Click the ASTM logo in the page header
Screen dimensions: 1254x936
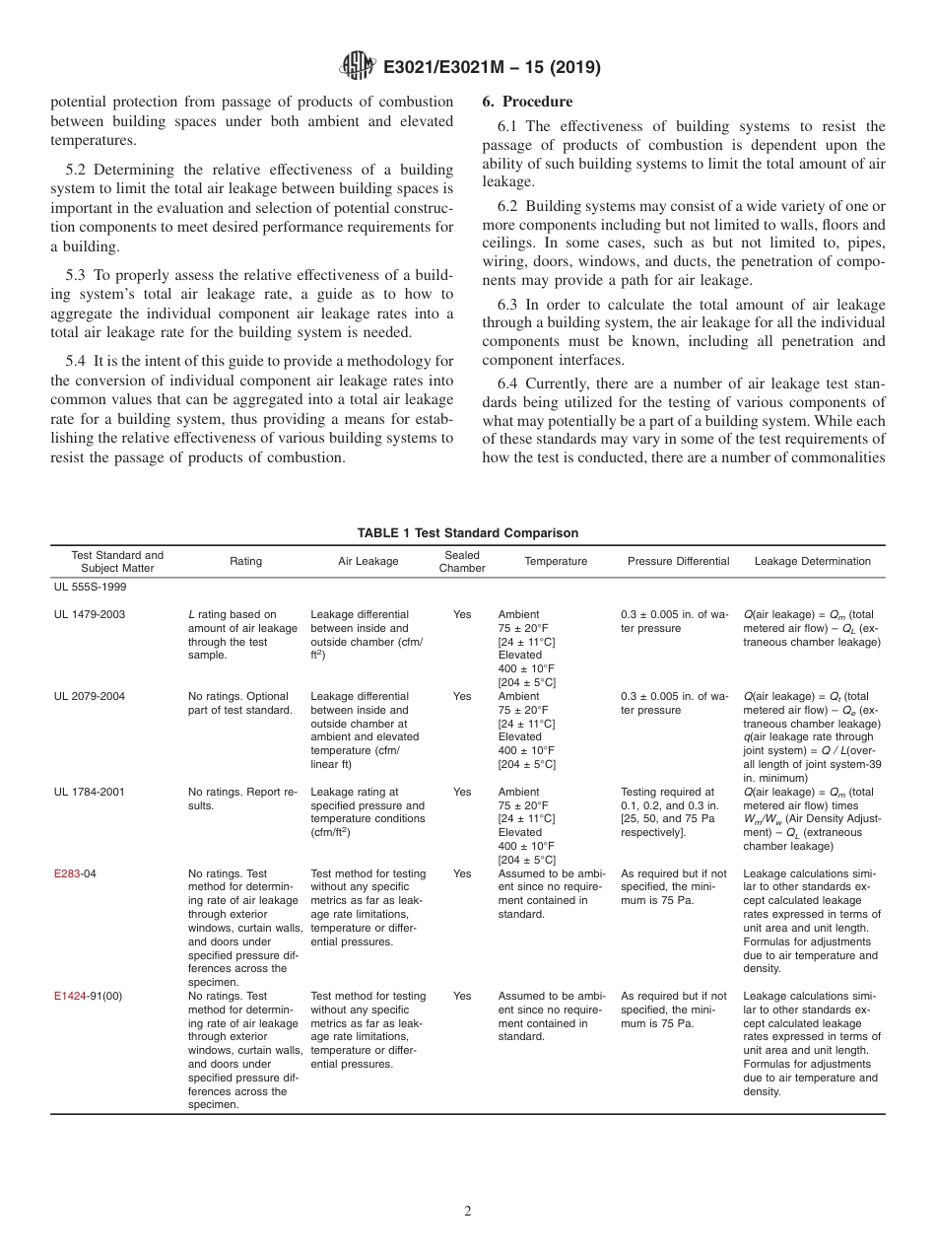pyautogui.click(x=357, y=67)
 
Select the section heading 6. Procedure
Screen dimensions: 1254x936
pyautogui.click(x=527, y=102)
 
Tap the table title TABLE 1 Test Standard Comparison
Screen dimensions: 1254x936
pyautogui.click(x=467, y=533)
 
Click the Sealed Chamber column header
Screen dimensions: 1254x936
pyautogui.click(x=462, y=562)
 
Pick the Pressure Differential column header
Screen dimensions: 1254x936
pyautogui.click(x=678, y=562)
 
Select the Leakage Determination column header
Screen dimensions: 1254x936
pyautogui.click(x=812, y=562)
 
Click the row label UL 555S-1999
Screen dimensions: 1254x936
pyautogui.click(x=90, y=587)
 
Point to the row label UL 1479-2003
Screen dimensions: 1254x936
pyautogui.click(x=90, y=615)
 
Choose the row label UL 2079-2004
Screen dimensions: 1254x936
pyautogui.click(x=90, y=697)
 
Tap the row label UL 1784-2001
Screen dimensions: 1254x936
pyautogui.click(x=90, y=792)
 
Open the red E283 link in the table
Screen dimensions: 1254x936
pyautogui.click(x=67, y=873)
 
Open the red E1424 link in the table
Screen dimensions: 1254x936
pyautogui.click(x=70, y=996)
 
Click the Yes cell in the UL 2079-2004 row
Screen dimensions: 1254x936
pyautogui.click(x=462, y=697)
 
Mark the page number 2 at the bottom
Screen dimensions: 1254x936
pyautogui.click(x=468, y=1212)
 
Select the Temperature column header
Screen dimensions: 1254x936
pyautogui.click(x=556, y=562)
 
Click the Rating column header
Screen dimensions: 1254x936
pyautogui.click(x=245, y=562)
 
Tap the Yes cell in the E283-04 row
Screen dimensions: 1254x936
pyautogui.click(x=462, y=873)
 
